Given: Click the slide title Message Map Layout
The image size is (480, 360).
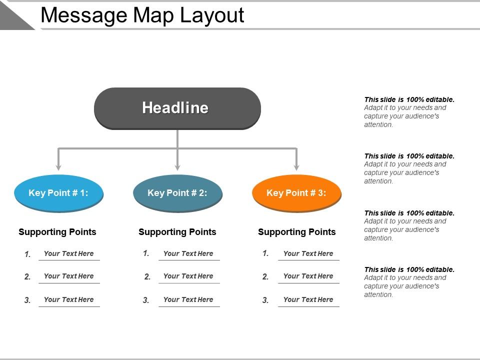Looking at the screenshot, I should click(x=142, y=15).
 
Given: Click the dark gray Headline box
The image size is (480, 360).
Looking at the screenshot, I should click(x=177, y=108).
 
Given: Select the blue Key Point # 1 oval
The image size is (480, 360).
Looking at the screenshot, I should click(x=58, y=193).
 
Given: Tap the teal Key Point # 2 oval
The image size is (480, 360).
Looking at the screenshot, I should click(x=177, y=193).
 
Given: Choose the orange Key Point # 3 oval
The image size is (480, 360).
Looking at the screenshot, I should click(x=296, y=193).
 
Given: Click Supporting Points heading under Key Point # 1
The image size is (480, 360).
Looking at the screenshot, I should click(x=57, y=232).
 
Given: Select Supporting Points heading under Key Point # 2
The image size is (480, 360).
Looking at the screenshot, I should click(x=177, y=232).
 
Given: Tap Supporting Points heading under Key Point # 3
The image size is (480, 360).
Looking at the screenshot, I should click(x=297, y=232).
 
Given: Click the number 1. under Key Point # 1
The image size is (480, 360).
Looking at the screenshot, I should click(x=27, y=254).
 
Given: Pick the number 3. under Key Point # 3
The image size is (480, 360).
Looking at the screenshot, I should click(x=265, y=300).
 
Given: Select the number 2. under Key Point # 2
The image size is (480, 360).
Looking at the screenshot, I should click(x=147, y=277).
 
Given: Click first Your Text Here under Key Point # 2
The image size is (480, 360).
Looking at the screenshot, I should click(x=188, y=253).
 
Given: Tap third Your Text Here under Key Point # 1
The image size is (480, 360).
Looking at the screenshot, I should click(x=68, y=299).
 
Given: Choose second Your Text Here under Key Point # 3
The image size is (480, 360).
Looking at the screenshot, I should click(x=308, y=276).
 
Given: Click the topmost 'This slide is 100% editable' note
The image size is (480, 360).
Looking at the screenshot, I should click(x=409, y=112).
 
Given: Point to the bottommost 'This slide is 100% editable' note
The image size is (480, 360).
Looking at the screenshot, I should click(x=409, y=282).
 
